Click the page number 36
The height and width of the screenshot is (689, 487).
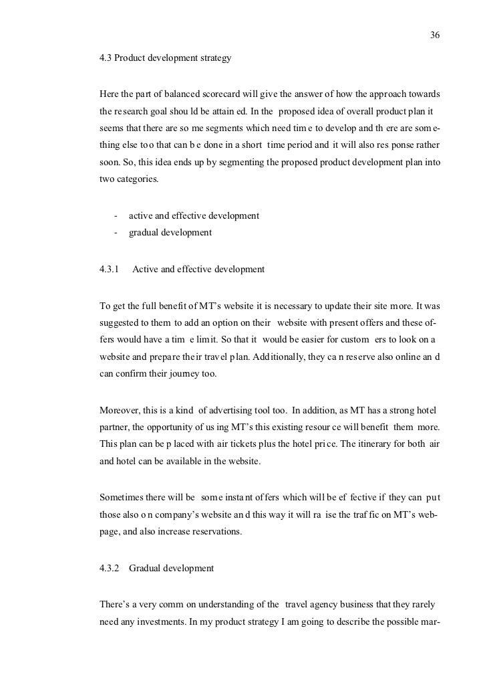pos(436,35)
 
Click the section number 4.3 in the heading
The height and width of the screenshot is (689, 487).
pos(105,58)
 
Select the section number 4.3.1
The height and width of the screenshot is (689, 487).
pos(109,269)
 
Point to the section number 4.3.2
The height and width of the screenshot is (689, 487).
pos(109,568)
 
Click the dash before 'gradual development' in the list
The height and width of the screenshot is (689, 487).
pos(116,233)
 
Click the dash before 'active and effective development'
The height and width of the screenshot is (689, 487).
pos(116,215)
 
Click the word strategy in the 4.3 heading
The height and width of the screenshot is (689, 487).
pos(215,58)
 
